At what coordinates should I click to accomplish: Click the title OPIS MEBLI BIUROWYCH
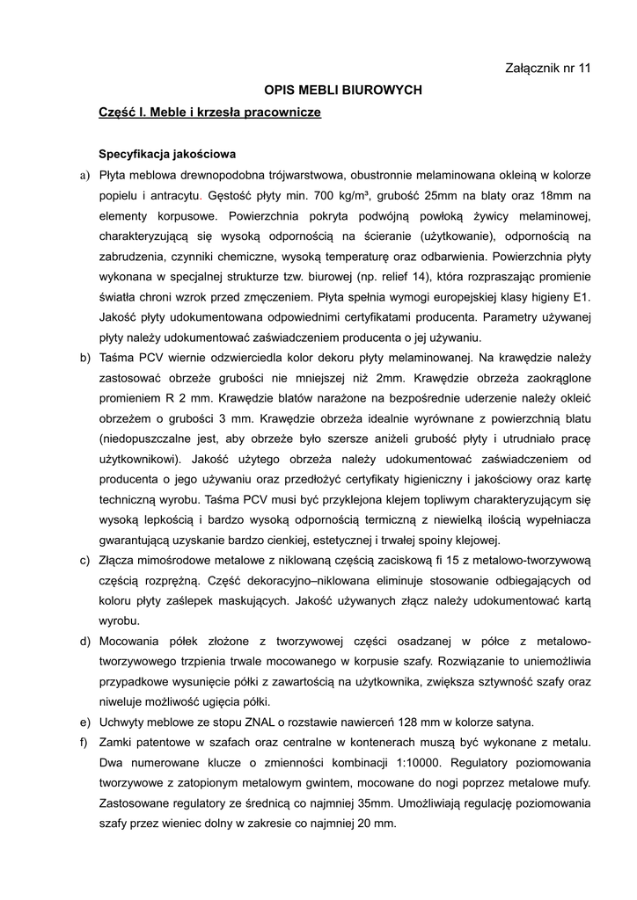[x=344, y=91]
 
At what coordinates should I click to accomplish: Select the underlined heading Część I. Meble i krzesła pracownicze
[x=210, y=112]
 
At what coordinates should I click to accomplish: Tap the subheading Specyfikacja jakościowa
[x=167, y=153]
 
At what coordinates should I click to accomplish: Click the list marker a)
[x=84, y=175]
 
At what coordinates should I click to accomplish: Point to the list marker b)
[x=84, y=358]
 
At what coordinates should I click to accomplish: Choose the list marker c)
[x=84, y=560]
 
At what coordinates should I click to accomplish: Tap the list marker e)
[x=84, y=722]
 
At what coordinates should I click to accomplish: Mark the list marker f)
[x=84, y=743]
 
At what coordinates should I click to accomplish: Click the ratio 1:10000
[x=420, y=763]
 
